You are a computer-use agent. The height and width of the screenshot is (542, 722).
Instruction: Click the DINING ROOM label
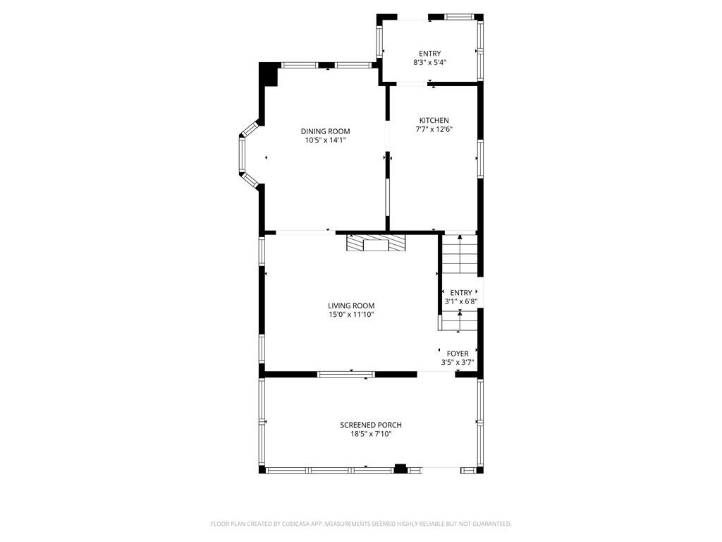click(x=325, y=131)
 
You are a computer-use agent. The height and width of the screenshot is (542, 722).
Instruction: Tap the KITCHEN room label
click(x=434, y=120)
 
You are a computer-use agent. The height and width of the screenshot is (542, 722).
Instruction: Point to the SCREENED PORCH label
click(x=371, y=425)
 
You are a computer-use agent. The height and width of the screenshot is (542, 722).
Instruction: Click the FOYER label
click(x=458, y=354)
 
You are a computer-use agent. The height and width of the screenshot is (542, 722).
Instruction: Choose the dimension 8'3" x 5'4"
click(x=429, y=63)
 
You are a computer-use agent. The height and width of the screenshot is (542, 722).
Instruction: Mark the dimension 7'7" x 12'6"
click(x=434, y=129)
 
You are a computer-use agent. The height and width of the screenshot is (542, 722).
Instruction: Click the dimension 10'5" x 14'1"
click(x=325, y=140)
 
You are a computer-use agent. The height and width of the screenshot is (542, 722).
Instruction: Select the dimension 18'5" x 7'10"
click(x=371, y=434)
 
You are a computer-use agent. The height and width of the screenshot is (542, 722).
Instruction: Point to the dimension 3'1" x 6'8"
click(x=461, y=302)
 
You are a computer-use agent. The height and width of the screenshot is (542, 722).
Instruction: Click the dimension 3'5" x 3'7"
click(x=458, y=363)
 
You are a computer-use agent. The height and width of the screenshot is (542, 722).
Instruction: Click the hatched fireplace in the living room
click(x=377, y=243)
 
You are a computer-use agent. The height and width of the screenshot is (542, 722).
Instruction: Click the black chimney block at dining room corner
click(x=269, y=74)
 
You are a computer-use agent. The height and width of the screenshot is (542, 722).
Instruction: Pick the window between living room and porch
click(x=345, y=374)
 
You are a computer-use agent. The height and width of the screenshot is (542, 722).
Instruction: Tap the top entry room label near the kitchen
click(x=429, y=54)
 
